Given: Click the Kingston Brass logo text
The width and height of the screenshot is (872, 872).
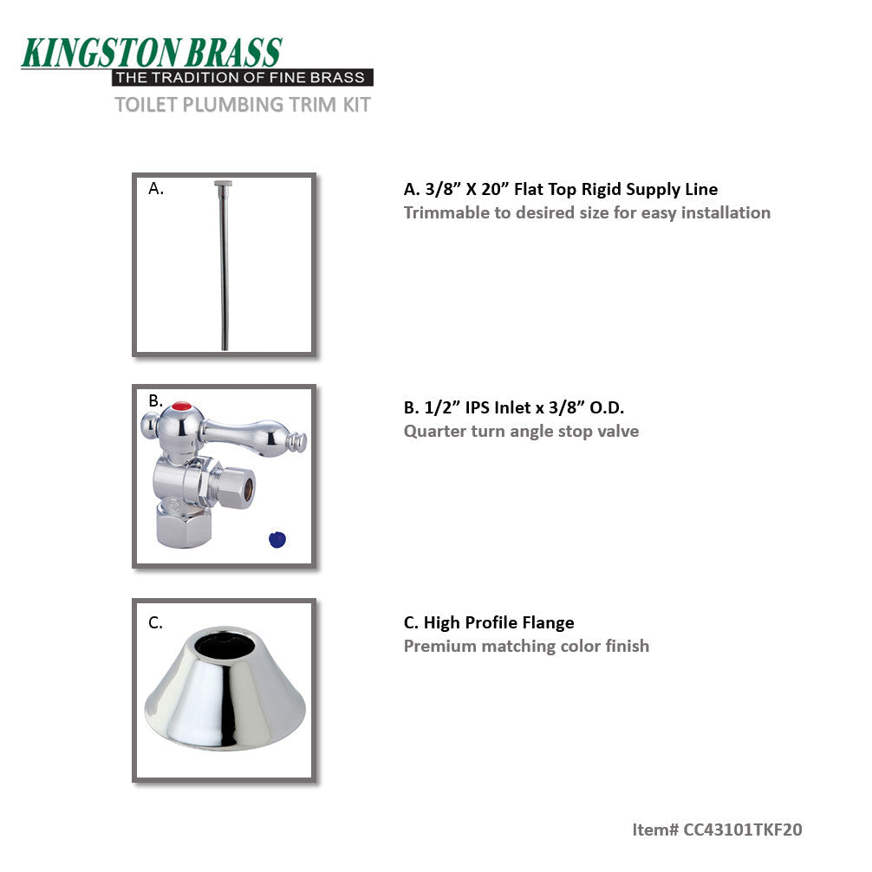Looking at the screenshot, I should pyautogui.click(x=152, y=52).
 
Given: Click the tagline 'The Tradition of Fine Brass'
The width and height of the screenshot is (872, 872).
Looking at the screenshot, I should pyautogui.click(x=243, y=78).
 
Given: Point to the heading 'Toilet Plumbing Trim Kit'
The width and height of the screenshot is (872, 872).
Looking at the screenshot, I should pyautogui.click(x=243, y=105).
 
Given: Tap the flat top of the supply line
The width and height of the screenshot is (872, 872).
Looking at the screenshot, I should pyautogui.click(x=225, y=184).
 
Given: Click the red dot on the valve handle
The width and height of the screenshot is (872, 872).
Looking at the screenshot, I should pyautogui.click(x=181, y=405).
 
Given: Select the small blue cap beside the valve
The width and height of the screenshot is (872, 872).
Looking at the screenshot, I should pyautogui.click(x=277, y=539).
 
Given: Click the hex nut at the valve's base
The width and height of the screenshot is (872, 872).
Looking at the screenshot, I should pyautogui.click(x=179, y=525).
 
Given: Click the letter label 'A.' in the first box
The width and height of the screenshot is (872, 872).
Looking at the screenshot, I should pyautogui.click(x=156, y=188).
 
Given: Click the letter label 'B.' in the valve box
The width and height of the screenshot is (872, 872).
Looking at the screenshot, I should pyautogui.click(x=156, y=400).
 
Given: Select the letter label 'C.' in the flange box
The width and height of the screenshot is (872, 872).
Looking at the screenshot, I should pyautogui.click(x=156, y=621).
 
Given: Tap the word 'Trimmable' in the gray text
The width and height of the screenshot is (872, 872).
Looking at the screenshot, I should pyautogui.click(x=446, y=213).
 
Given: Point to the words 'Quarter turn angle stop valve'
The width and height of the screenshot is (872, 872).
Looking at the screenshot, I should pyautogui.click(x=521, y=431).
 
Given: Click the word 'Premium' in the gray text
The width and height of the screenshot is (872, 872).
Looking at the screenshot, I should pyautogui.click(x=440, y=646).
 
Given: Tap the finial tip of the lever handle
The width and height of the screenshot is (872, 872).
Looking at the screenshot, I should pyautogui.click(x=303, y=442).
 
